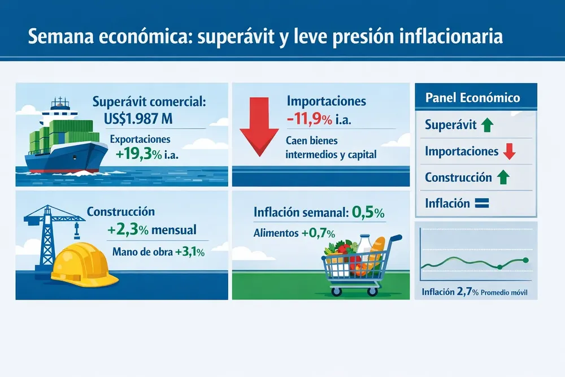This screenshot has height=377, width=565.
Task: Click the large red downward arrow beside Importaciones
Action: point(259,127)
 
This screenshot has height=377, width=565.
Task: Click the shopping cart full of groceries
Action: point(360,265)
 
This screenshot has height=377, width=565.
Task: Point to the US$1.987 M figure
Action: point(138,119)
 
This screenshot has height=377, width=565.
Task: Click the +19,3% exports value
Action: point(139,154)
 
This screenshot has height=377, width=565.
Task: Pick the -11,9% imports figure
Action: point(310,119)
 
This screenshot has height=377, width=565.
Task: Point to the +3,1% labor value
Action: point(190,252)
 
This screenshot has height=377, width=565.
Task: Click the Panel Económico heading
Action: point(473,98)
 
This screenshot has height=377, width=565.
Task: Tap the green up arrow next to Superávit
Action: point(488,125)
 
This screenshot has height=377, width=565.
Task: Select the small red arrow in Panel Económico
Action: point(510,151)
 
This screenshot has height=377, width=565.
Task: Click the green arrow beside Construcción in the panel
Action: point(503,177)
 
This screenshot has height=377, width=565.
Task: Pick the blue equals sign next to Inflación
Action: point(482,203)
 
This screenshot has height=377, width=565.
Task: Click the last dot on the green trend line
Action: point(525,260)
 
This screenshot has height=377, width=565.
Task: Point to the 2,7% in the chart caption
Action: point(468,291)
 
